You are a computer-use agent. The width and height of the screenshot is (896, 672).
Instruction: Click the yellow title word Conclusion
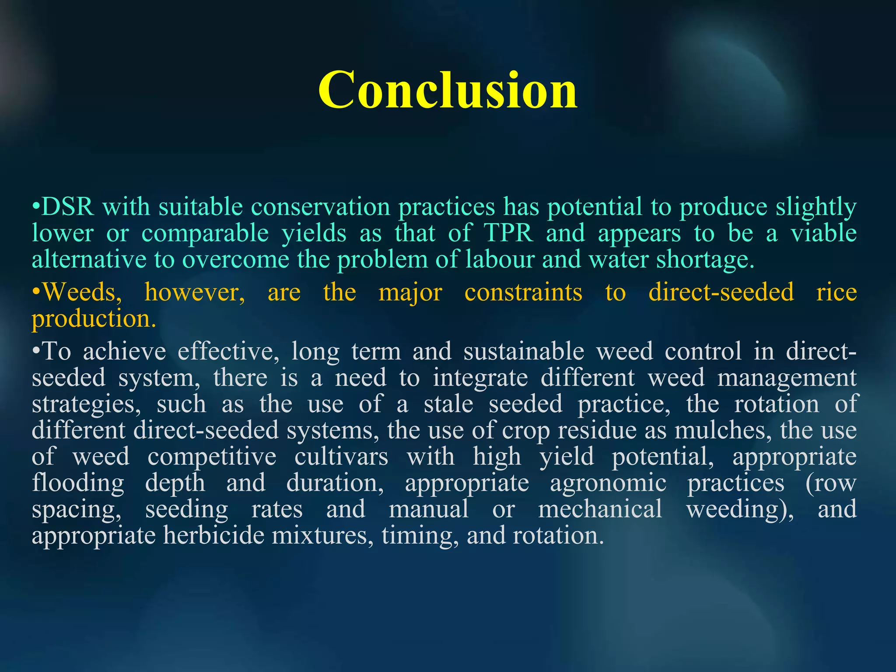448,90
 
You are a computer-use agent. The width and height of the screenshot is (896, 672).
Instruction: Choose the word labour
500,259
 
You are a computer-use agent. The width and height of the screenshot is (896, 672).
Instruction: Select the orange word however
195,292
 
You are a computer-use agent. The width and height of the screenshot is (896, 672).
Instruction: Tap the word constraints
523,292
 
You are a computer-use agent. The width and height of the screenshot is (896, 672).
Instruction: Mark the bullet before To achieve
36,352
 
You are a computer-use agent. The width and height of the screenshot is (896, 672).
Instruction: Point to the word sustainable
524,351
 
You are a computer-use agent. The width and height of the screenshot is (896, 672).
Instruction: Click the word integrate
480,378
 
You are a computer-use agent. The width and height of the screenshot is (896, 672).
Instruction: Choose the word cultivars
341,457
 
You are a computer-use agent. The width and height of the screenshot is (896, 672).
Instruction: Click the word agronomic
608,483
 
